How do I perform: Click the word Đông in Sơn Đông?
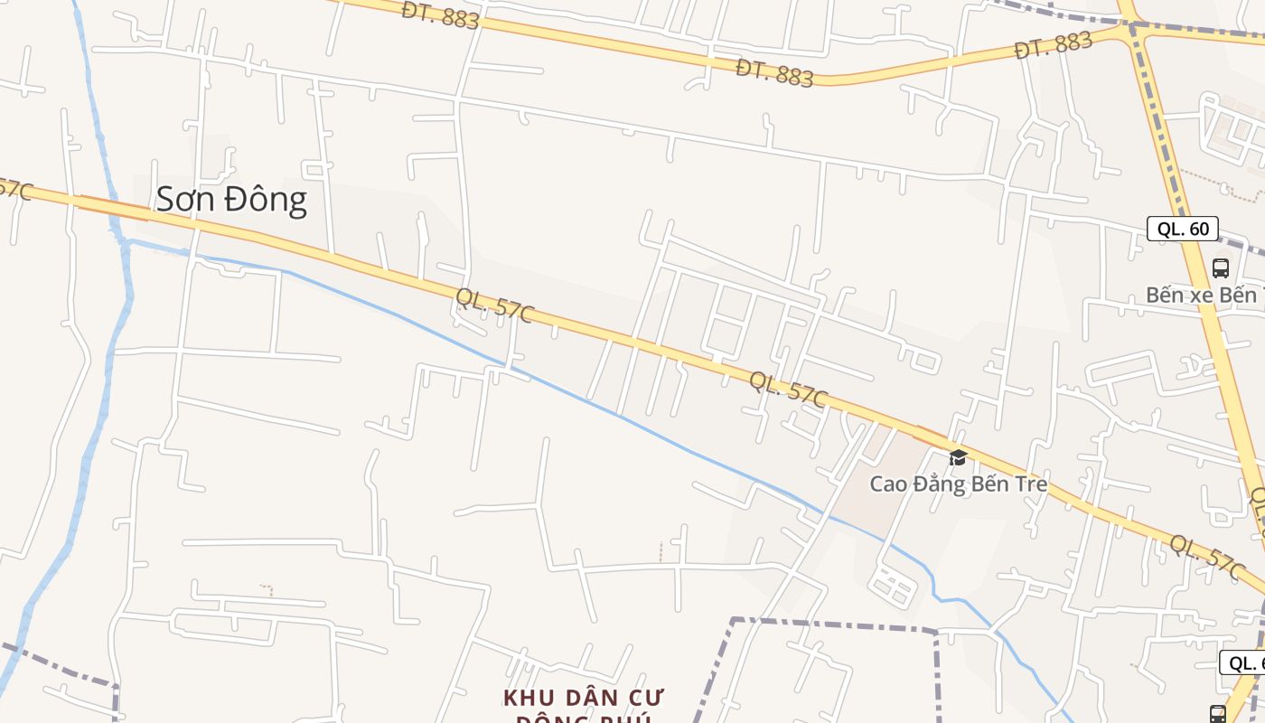point(266,200)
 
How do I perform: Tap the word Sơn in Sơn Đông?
point(187,200)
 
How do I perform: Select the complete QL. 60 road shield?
point(1183,229)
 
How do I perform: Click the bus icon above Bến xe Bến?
point(1221,268)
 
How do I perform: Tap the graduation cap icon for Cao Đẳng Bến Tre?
point(958,457)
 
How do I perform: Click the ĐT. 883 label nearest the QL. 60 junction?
point(1054,44)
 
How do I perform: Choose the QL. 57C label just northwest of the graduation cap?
point(788,390)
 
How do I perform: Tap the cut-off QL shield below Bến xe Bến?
point(1243,662)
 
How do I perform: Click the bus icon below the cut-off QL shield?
point(1218,713)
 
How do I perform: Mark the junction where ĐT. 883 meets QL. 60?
point(1130,27)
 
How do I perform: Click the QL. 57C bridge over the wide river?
point(115,209)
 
